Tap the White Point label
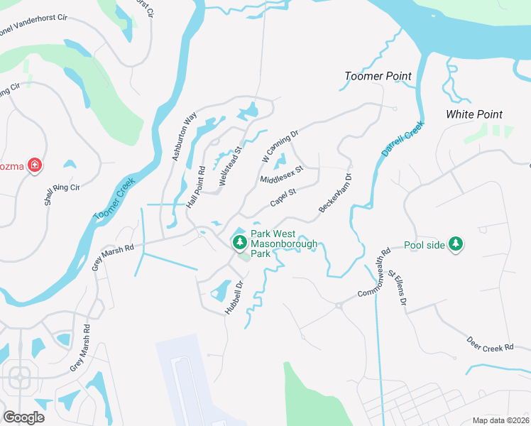[x=474, y=114]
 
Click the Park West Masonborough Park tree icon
[x=240, y=243]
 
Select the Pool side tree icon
[x=455, y=245]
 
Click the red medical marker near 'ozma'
[x=34, y=167]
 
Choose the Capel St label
[x=283, y=197]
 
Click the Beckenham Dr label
[x=335, y=192]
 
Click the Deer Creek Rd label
[x=490, y=344]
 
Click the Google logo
[x=24, y=417]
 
